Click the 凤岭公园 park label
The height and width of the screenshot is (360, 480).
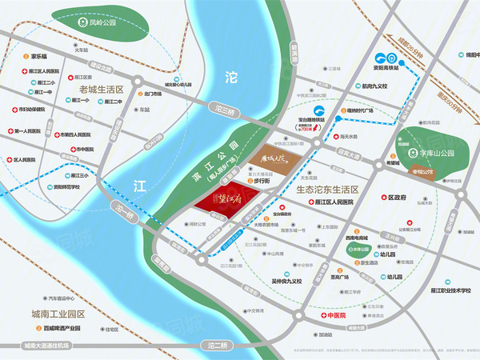[91, 23]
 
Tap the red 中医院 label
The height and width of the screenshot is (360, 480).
[338, 315]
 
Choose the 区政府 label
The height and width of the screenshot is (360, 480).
[397, 197]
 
